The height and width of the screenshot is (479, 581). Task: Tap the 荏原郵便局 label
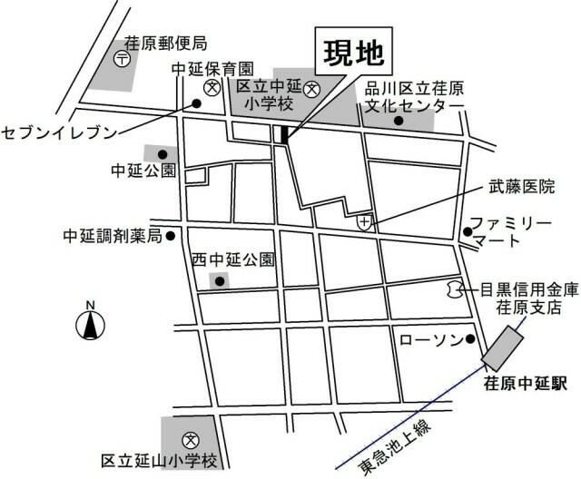click(x=166, y=43)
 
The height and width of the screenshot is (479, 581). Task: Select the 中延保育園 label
click(x=212, y=67)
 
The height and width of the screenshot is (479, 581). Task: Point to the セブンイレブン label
click(x=60, y=132)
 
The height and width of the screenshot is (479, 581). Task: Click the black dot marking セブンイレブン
click(x=196, y=103)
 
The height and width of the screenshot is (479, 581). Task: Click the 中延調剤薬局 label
click(x=112, y=236)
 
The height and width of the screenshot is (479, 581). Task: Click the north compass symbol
click(x=89, y=321)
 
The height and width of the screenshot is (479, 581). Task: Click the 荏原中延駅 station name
click(x=525, y=384)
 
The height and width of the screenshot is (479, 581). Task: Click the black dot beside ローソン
click(x=470, y=339)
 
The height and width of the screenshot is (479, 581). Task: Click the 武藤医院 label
click(x=520, y=188)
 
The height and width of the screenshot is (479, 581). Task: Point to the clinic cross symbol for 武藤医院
click(x=365, y=221)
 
